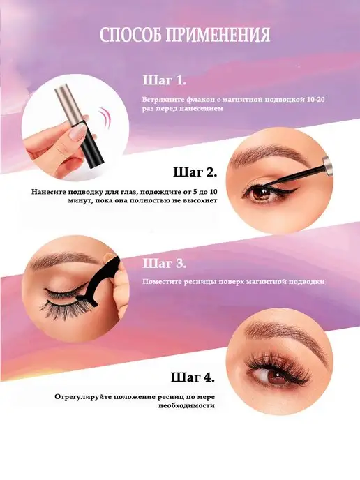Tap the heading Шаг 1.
click(x=165, y=81)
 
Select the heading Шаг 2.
click(x=195, y=172)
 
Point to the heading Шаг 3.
click(x=164, y=263)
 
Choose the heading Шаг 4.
click(x=193, y=377)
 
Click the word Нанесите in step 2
click(x=45, y=192)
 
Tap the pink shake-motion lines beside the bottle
click(x=104, y=119)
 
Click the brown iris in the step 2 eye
click(x=260, y=193)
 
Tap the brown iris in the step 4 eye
click(x=278, y=376)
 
